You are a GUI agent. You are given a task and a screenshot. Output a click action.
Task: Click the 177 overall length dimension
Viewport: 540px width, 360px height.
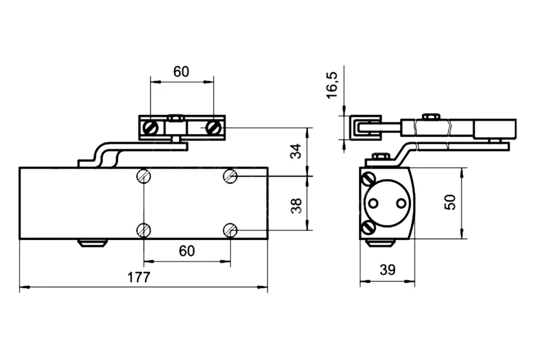138,277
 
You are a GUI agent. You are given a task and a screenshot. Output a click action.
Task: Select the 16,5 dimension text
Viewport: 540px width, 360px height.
332,85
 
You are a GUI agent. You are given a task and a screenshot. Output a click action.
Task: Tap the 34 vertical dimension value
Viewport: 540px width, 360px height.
296,151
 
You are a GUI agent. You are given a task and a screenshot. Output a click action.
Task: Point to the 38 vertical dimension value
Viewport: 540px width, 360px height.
296,206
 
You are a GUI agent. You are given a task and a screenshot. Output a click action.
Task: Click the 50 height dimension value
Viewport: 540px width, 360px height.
450,202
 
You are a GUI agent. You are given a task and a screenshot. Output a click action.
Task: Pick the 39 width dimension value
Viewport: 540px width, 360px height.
388,270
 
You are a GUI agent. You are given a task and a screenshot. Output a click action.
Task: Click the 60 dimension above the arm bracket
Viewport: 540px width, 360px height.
181,72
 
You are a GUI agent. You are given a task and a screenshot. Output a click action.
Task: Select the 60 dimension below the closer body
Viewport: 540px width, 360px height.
187,251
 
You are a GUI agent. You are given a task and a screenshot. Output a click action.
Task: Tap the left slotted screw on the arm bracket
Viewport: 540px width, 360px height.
151,128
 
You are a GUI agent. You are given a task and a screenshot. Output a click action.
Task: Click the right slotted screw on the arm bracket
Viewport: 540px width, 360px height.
212,128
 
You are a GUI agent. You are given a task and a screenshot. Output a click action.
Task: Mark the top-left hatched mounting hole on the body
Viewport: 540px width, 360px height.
144,177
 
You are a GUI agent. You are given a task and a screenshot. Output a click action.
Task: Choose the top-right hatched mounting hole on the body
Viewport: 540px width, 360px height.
230,177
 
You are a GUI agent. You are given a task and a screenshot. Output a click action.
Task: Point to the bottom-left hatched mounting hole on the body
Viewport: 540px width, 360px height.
144,230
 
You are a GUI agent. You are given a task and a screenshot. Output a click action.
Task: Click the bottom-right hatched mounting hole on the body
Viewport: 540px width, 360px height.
230,230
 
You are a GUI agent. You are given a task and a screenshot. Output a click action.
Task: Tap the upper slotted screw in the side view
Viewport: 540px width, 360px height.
367,179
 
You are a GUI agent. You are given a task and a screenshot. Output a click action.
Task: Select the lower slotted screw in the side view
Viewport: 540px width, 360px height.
367,228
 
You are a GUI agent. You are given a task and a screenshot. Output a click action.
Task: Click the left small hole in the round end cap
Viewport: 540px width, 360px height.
373,203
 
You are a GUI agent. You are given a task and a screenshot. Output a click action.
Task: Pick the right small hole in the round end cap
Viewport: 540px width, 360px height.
401,203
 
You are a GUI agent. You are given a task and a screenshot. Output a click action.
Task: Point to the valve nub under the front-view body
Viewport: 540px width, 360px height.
93,243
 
